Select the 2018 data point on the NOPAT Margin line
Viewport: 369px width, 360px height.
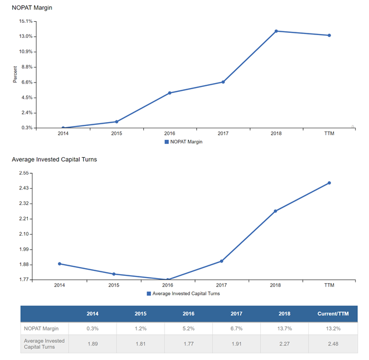[276, 31]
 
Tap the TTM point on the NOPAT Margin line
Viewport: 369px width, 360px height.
[329, 36]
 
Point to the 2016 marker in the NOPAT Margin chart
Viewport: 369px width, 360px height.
[169, 93]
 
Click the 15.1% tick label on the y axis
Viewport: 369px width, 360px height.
[26, 21]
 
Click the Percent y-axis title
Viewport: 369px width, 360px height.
[16, 75]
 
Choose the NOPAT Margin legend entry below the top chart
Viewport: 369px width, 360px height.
[183, 142]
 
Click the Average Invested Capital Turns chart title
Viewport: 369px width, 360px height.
[55, 159]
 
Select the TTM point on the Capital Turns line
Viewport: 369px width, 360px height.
[329, 183]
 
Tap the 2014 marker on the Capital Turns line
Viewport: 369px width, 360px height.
[59, 264]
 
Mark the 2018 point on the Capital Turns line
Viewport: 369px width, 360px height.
[275, 211]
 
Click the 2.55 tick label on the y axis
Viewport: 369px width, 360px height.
[23, 173]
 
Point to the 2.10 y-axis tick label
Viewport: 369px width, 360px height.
[23, 234]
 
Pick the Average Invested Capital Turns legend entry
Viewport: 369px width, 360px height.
[183, 293]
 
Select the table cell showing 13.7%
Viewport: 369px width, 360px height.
[284, 329]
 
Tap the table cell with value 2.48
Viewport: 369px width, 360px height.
[332, 344]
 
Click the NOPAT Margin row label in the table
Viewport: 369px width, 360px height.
[41, 329]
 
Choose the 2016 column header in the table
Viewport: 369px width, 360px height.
[188, 314]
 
